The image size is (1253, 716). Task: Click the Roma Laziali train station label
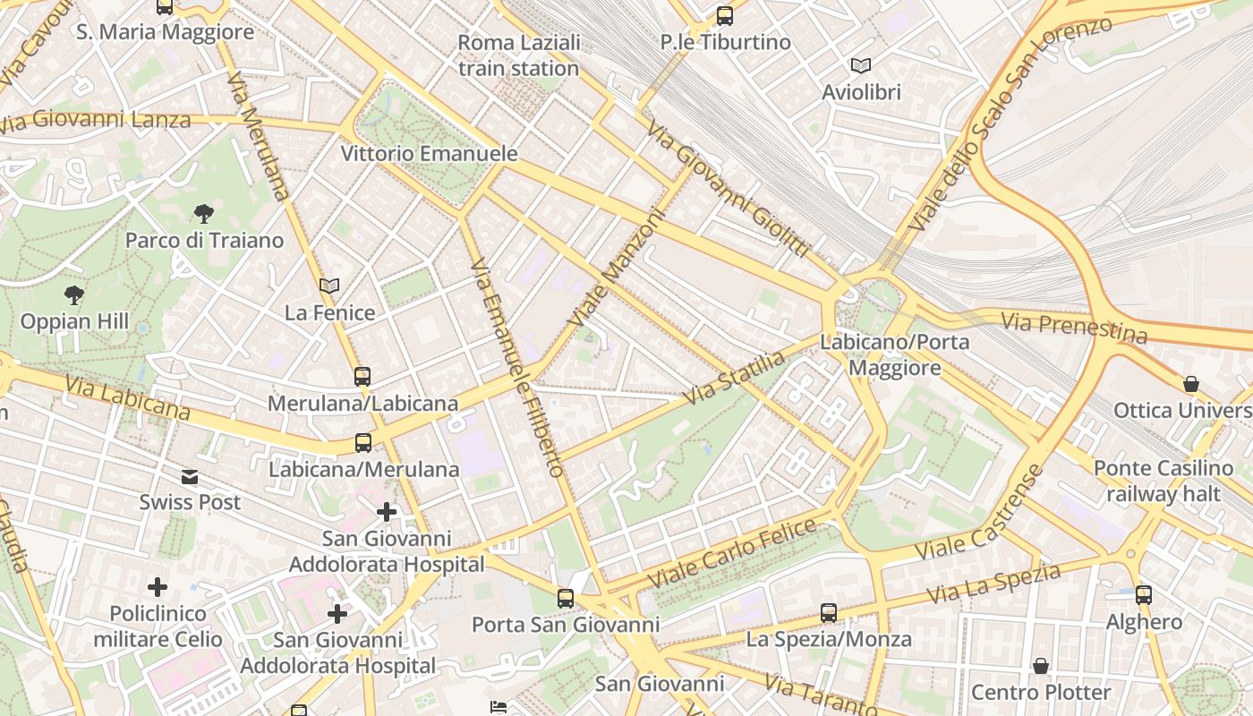519,55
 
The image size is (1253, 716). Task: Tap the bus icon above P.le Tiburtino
725,16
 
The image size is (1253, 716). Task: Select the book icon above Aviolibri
861,66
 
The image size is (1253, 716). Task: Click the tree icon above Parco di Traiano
204,214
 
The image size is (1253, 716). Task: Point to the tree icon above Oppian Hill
74,294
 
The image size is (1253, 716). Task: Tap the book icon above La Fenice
329,286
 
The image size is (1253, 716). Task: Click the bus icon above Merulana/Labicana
362,377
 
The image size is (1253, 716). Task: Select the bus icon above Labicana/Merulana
363,442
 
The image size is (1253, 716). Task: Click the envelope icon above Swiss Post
190,476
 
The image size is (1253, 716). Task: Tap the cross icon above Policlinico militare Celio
158,587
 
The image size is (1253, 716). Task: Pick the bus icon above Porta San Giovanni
566,598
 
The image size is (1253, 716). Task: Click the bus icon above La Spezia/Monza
829,613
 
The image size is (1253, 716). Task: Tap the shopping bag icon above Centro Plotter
1041,666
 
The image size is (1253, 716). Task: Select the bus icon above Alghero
1144,594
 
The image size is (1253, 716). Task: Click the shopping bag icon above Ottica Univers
1191,384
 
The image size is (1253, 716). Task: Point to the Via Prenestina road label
1074,328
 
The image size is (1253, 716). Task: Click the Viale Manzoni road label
618,268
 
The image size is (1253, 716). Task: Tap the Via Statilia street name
734,377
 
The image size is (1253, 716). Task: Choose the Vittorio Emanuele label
430,154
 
